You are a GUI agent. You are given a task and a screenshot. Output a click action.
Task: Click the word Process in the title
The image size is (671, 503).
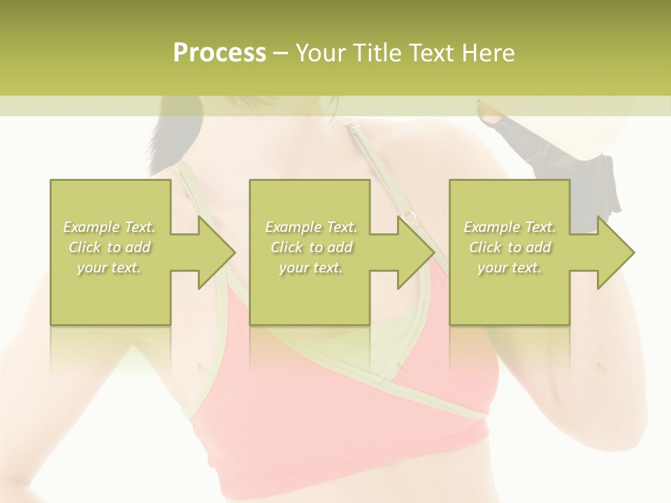tap(219, 52)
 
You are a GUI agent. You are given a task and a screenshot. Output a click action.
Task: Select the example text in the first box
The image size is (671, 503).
tap(110, 247)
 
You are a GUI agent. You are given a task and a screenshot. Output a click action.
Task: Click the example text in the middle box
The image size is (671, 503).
tap(310, 247)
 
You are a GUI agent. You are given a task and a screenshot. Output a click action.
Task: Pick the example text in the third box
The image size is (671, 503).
tap(510, 247)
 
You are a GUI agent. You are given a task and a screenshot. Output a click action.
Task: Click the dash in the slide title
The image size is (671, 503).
tap(280, 53)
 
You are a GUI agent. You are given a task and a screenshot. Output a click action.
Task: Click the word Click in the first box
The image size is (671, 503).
tap(85, 247)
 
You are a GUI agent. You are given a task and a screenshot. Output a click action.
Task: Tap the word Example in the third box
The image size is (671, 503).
tap(490, 227)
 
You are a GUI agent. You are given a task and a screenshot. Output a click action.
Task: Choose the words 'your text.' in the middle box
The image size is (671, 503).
tap(310, 268)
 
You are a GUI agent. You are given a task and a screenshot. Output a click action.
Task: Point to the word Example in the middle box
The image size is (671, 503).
tap(291, 227)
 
